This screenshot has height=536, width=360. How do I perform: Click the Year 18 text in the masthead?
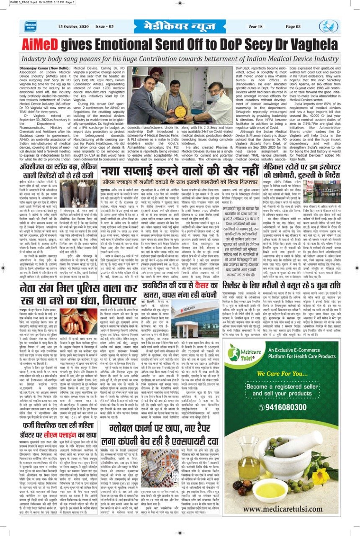pos(255,26)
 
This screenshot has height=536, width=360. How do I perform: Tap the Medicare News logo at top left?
pos(30,26)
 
